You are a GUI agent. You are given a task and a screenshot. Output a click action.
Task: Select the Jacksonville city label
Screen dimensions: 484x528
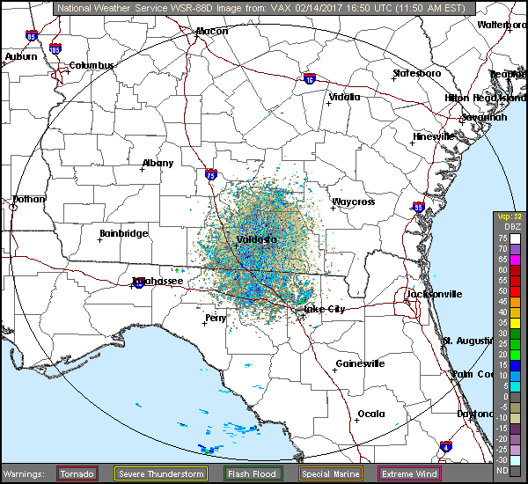(433, 294)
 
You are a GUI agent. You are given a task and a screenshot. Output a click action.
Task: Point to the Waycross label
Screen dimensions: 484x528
(353, 202)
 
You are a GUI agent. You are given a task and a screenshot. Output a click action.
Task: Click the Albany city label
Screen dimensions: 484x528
(158, 164)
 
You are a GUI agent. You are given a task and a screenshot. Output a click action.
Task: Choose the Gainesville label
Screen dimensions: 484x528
(360, 363)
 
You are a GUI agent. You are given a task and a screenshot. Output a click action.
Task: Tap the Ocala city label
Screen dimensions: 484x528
(370, 414)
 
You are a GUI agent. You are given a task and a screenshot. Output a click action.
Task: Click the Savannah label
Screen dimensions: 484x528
(484, 117)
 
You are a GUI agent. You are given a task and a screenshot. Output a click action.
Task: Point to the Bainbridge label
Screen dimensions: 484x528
(123, 233)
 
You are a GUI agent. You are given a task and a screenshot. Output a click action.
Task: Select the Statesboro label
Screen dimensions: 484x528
(417, 73)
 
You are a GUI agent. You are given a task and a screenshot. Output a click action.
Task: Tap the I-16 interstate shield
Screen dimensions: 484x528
(310, 78)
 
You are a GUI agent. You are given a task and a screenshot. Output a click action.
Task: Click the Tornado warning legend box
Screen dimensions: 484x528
(77, 473)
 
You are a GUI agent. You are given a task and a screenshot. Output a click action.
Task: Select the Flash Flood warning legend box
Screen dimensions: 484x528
(251, 473)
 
